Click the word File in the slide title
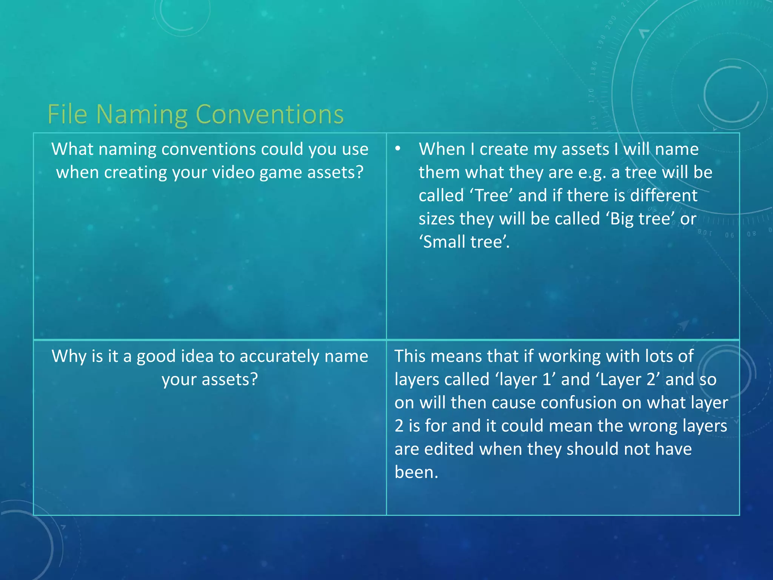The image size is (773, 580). [67, 114]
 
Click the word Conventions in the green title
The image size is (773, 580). [269, 114]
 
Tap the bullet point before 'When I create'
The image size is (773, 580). [397, 148]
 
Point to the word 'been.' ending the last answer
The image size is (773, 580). [416, 472]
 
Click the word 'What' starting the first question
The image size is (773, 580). [72, 149]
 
